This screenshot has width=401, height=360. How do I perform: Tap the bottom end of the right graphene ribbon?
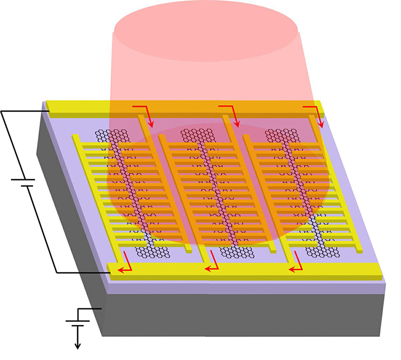(x=323, y=250)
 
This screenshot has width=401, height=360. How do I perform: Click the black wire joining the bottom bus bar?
(x=80, y=273)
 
